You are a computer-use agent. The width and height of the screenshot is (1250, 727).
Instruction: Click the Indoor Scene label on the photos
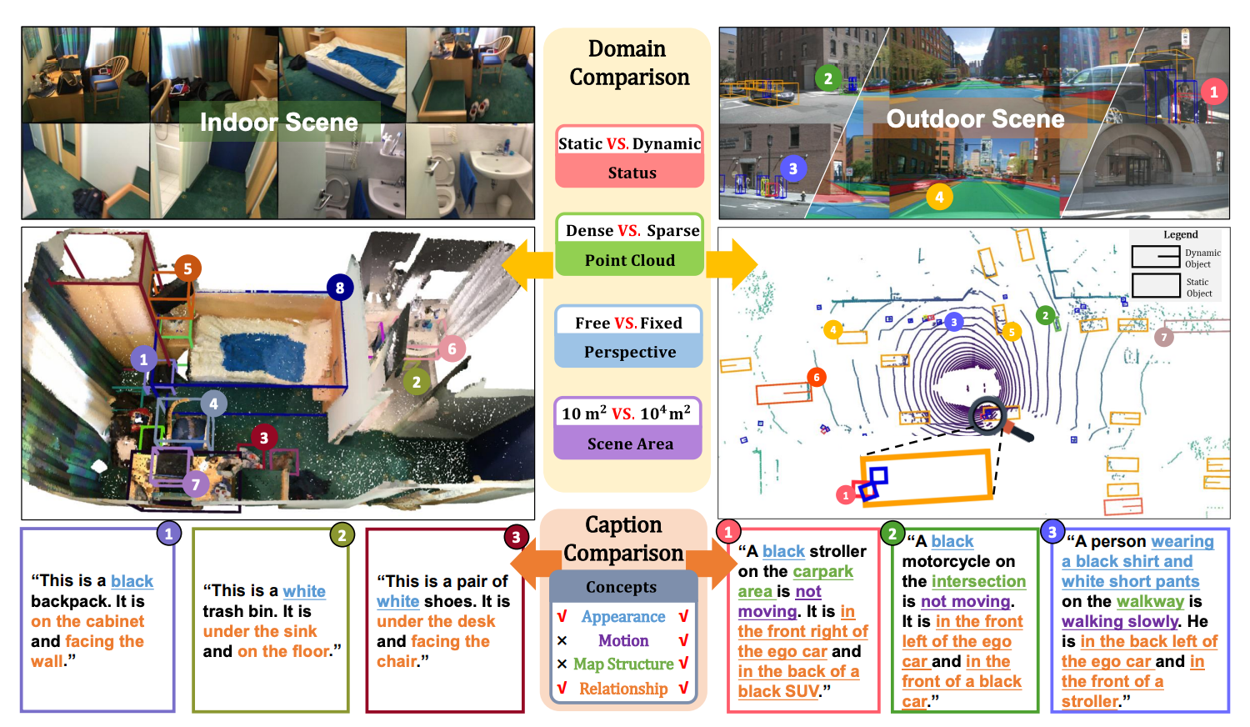[x=278, y=123]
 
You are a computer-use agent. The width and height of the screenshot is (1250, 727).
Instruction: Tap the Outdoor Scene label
[x=975, y=119]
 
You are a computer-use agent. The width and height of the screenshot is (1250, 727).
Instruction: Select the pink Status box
[x=630, y=158]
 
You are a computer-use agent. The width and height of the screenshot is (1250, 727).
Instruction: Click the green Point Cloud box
[x=630, y=245]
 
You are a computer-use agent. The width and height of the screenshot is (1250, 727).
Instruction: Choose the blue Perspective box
[x=629, y=337]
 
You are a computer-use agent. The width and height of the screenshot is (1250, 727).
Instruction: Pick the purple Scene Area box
[x=629, y=429]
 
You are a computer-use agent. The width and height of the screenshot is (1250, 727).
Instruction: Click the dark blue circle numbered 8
[x=339, y=288]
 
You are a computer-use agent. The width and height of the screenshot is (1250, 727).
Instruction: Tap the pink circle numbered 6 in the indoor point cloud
[x=452, y=348]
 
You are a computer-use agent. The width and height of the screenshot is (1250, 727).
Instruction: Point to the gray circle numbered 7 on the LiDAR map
[x=1164, y=337]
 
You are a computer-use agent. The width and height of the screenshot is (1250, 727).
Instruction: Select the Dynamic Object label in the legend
[x=1202, y=258]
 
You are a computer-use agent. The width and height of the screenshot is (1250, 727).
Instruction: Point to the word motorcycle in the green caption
[x=946, y=561]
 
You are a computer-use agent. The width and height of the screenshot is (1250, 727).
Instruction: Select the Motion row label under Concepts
[x=622, y=640]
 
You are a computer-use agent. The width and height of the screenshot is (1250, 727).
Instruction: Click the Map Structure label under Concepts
[x=623, y=664]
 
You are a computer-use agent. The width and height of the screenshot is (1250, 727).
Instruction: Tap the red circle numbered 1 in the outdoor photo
[x=1213, y=92]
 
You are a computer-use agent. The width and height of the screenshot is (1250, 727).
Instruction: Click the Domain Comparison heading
[x=629, y=63]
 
